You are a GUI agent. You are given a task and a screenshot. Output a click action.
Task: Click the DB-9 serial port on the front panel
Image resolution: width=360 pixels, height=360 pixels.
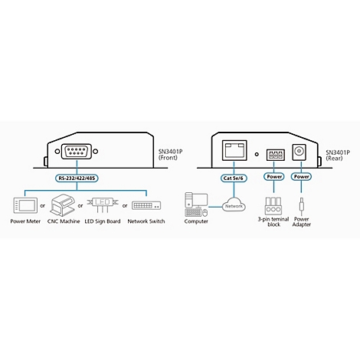pos(77,152)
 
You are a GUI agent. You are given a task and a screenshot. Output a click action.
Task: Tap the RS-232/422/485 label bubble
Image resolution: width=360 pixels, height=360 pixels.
pos(77,178)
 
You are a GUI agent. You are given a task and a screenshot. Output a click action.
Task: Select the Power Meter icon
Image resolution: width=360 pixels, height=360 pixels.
pos(25,205)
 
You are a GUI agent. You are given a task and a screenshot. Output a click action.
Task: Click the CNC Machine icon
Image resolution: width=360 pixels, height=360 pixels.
pos(63,205)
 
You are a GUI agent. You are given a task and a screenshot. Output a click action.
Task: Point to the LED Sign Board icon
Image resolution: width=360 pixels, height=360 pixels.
pos(103,205)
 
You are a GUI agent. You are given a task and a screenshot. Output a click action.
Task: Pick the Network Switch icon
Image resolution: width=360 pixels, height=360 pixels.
pos(146,205)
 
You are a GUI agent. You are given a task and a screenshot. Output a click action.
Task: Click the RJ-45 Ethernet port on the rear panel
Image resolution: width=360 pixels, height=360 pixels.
pos(234,150)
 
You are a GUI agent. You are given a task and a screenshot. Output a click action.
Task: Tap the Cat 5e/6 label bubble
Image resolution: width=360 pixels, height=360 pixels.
pos(234,178)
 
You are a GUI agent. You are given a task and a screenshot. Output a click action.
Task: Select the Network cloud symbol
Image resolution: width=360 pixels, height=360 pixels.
pos(234,206)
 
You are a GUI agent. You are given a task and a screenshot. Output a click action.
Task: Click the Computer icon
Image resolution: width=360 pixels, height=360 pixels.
pos(196,205)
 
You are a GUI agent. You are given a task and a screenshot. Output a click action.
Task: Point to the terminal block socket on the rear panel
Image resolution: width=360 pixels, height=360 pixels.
pos(275,155)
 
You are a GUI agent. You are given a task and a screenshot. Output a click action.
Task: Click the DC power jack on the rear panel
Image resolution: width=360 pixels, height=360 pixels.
pos(299,152)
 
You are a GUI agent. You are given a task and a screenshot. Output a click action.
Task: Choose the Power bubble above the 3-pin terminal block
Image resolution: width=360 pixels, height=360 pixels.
pos(274,177)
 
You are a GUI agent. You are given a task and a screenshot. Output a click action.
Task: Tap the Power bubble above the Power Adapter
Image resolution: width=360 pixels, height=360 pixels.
pos(301,177)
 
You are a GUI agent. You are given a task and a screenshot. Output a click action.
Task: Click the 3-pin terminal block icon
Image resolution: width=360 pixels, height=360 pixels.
pos(273,206)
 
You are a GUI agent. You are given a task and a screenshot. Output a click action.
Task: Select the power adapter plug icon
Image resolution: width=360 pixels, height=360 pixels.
pos(302,207)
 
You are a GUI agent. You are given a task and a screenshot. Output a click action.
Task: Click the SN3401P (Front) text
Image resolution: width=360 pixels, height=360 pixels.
pos(170,155)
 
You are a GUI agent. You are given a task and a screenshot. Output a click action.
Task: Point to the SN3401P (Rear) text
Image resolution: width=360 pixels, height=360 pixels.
pos(338,155)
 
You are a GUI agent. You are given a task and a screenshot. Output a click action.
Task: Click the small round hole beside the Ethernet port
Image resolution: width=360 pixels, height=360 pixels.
pos(257,154)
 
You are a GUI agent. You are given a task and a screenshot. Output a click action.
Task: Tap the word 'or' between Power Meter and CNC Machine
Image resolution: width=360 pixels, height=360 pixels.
pos(43,205)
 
